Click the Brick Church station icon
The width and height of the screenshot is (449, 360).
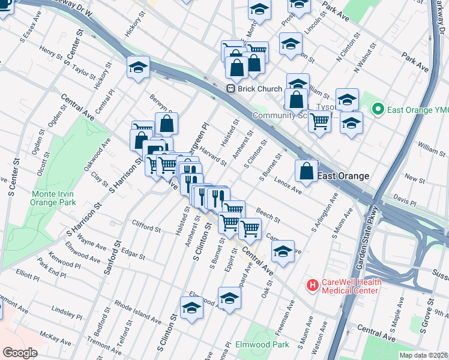click(230, 89)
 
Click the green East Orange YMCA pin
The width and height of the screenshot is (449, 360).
click(378, 109)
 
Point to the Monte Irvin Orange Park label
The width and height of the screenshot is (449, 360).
click(54, 197)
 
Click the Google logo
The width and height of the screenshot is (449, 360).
click(20, 352)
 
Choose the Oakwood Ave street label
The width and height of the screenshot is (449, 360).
click(97, 154)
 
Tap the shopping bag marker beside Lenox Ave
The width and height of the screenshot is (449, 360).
click(307, 171)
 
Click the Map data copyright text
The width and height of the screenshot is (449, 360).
click(423, 355)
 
